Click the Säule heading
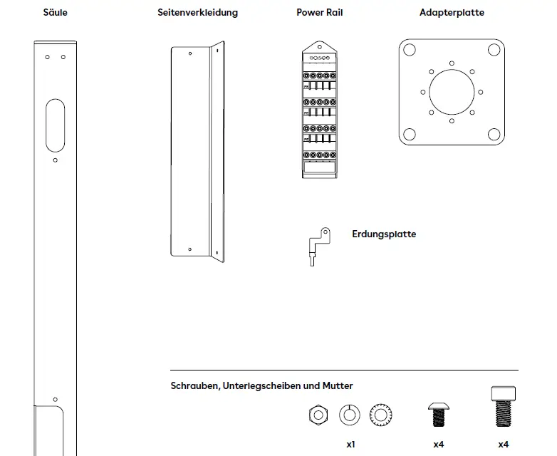pyautogui.click(x=56, y=13)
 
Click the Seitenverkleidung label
pyautogui.click(x=197, y=13)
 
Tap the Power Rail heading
pyautogui.click(x=319, y=13)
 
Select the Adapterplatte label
pyautogui.click(x=452, y=13)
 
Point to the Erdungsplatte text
pyautogui.click(x=384, y=234)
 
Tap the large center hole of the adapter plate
pyautogui.click(x=452, y=92)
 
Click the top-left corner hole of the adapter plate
pyautogui.click(x=409, y=50)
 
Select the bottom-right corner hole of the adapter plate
pyautogui.click(x=494, y=135)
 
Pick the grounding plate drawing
pyautogui.click(x=318, y=244)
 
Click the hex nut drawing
pyautogui.click(x=318, y=415)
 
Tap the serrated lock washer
pyautogui.click(x=381, y=415)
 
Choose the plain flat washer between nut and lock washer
pyautogui.click(x=350, y=415)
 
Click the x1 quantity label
pyautogui.click(x=350, y=444)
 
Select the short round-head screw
pyautogui.click(x=438, y=413)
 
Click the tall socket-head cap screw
pyautogui.click(x=503, y=407)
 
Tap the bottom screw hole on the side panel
pyautogui.click(x=189, y=249)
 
